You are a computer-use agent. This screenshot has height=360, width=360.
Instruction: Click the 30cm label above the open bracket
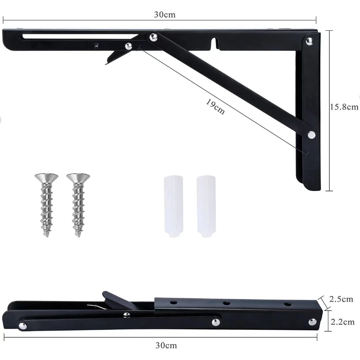coord(165,14)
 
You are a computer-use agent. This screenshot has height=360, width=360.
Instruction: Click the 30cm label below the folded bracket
coord(166,345)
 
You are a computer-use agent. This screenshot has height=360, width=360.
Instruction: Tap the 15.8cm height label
coord(344,107)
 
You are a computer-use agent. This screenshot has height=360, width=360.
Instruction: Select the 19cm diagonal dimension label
coord(215,107)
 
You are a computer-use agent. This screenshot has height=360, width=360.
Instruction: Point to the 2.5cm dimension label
coord(341,299)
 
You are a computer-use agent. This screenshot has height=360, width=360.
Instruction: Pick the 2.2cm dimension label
coord(343,322)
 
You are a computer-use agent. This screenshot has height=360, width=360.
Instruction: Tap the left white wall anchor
coord(174,206)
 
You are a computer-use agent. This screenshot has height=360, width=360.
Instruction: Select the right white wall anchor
coord(206,206)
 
